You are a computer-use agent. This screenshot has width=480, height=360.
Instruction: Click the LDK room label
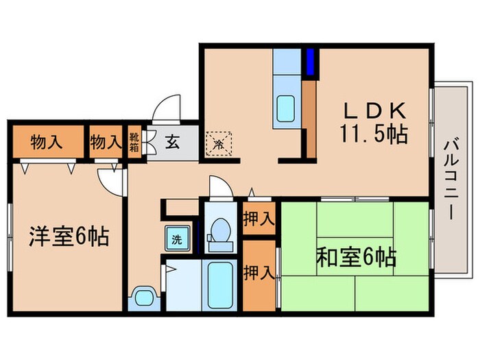click(x=372, y=111)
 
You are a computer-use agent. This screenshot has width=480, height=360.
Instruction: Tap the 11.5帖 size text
click(x=372, y=134)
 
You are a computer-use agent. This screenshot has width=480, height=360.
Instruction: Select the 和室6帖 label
click(x=356, y=259)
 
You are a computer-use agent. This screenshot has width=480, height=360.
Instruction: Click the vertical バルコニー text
click(x=451, y=178)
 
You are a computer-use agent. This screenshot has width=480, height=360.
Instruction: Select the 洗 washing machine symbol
click(x=176, y=240)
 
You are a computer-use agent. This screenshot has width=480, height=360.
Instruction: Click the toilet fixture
click(x=221, y=231)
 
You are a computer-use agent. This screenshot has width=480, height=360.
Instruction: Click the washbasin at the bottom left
click(x=143, y=298)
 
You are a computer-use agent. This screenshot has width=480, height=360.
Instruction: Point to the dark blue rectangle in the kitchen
click(x=309, y=62)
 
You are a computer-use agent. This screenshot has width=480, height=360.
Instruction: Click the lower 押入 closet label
click(x=259, y=272)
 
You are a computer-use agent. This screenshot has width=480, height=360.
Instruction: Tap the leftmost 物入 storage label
click(x=47, y=143)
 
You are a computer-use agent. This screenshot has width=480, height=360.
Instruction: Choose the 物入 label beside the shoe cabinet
click(x=105, y=143)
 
